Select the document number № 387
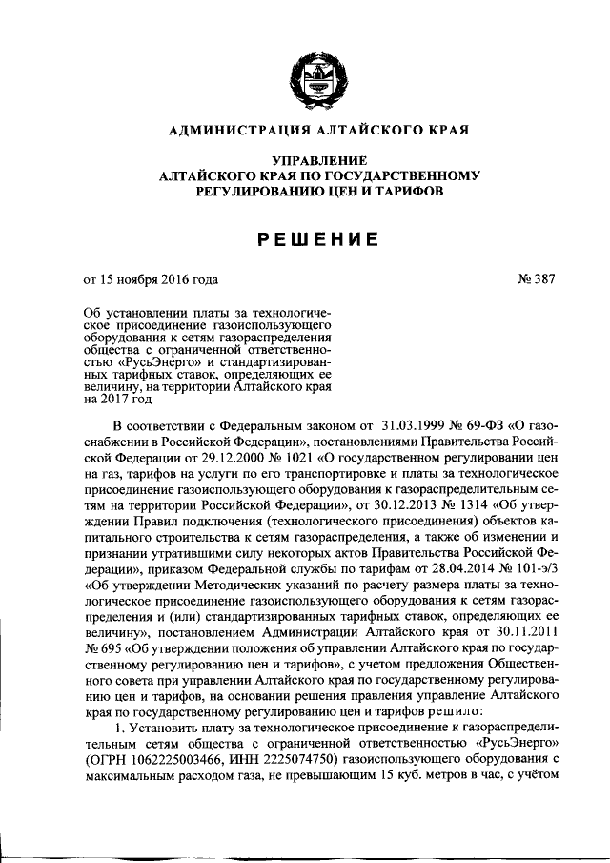(535, 279)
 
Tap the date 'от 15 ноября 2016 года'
(151, 279)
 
